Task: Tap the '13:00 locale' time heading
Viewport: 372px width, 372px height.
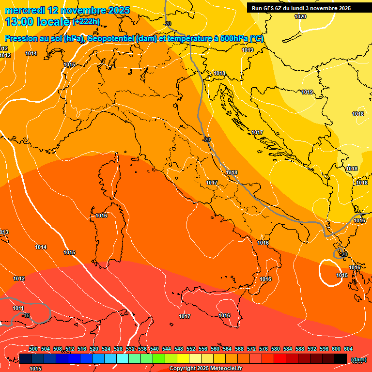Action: tap(38, 21)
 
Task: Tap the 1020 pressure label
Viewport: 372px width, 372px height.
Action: tap(300, 16)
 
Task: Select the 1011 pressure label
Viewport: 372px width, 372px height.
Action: tap(18, 308)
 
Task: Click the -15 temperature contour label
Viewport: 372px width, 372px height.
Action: tap(26, 315)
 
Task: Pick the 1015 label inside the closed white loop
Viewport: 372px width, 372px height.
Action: tap(342, 275)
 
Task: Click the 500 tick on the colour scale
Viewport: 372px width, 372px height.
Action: tap(33, 349)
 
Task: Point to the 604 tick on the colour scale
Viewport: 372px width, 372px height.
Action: tap(348, 349)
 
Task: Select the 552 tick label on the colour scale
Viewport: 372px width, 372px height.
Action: tap(191, 349)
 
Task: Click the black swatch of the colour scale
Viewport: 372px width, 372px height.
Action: tap(341, 358)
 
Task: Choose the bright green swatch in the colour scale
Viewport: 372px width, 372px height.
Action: tap(158, 358)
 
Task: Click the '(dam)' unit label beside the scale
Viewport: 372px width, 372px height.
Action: tap(358, 359)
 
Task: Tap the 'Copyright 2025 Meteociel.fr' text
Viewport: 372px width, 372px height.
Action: tap(206, 369)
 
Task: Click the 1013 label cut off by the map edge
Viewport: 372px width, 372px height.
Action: tap(4, 232)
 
